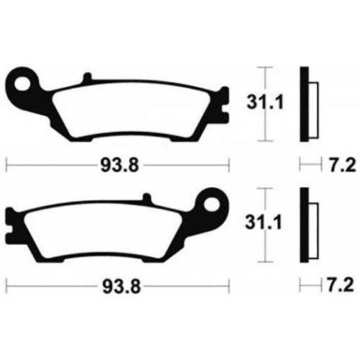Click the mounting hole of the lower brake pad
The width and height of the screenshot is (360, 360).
(x=212, y=204)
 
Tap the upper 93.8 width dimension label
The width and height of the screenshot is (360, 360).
(x=120, y=166)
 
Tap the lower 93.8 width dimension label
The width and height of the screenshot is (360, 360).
(x=122, y=287)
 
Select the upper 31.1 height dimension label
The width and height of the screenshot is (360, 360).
(x=265, y=102)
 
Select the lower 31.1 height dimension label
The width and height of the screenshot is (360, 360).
(x=264, y=222)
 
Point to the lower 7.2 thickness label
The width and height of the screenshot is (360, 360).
(x=341, y=285)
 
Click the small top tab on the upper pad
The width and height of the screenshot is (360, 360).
(x=87, y=77)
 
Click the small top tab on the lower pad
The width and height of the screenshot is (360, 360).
(x=147, y=197)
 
